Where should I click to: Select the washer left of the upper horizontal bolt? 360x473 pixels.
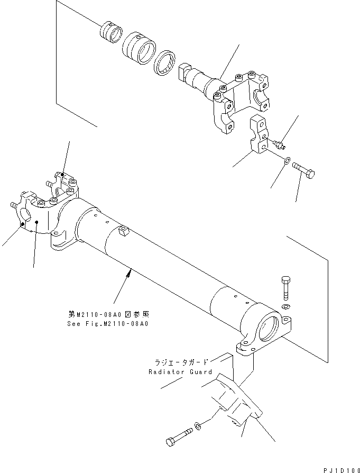(287, 160)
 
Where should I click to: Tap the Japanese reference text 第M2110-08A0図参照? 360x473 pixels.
(111, 314)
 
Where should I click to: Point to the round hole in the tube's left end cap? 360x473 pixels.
(25, 215)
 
